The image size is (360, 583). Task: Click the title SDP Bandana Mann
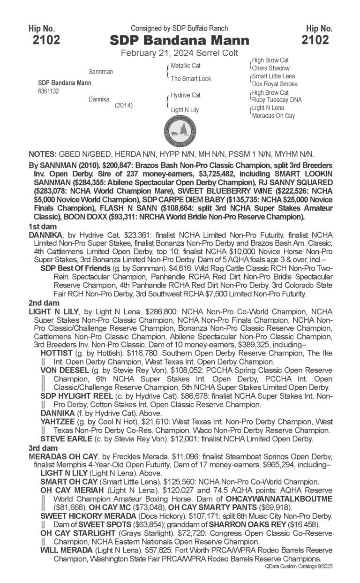(180, 40)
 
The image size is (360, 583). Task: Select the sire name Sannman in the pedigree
(100, 72)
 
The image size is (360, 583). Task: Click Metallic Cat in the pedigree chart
(186, 66)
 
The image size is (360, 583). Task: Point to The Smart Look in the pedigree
(191, 79)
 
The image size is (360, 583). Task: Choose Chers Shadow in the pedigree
(271, 68)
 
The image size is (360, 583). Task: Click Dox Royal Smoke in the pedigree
(275, 84)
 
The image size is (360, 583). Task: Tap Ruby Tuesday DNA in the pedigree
(277, 100)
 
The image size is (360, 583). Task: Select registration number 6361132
(48, 91)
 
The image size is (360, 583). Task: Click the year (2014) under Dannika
(124, 106)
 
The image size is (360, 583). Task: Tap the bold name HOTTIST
(57, 353)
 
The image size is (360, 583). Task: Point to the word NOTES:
(43, 154)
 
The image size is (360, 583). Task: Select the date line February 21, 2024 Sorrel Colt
(180, 53)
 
